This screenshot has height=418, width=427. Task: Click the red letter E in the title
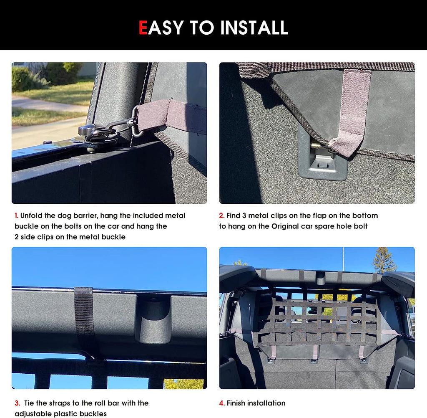[143, 28]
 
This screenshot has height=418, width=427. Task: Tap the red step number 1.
[16, 216]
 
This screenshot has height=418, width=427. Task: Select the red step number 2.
[222, 216]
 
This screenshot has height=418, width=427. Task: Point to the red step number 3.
[17, 403]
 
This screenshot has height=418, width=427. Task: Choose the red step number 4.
[222, 403]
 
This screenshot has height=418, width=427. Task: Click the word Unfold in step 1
[31, 216]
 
